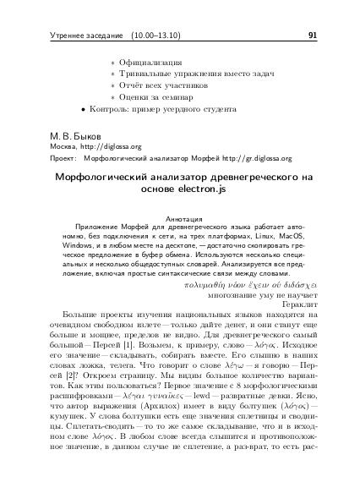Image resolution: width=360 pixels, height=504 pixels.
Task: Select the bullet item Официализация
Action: pyautogui.click(x=151, y=63)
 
